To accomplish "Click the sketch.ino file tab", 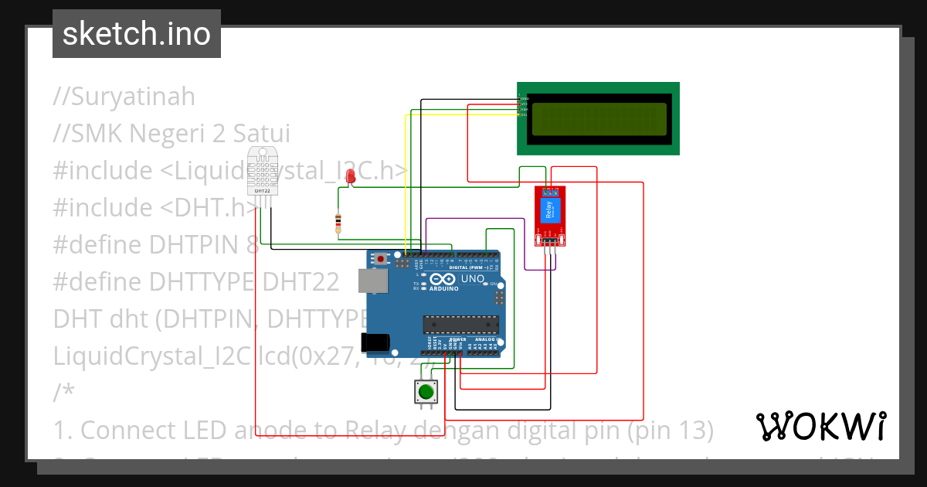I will point(137,34).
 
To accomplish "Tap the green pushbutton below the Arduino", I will point(426,392).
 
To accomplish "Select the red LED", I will point(351,178).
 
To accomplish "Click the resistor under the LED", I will point(338,223).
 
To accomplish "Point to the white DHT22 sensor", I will point(262,171).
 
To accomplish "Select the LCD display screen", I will point(598,118).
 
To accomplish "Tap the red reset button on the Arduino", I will point(381,258).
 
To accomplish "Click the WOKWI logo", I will point(820,426).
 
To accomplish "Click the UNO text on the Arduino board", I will point(472,279).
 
